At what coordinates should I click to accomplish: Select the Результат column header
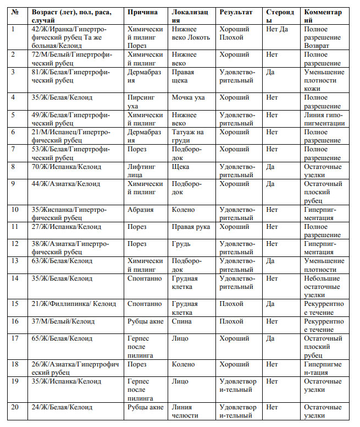(x=236, y=12)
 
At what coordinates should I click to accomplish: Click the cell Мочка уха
(x=188, y=97)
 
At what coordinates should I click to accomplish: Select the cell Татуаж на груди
(x=187, y=136)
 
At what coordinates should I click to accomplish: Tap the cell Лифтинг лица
(x=141, y=171)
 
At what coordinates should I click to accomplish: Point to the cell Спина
(x=182, y=321)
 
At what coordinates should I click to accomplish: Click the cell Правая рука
(x=190, y=227)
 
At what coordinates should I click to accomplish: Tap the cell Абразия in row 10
(x=140, y=210)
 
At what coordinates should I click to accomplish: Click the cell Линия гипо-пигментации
(x=324, y=119)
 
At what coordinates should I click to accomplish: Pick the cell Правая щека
(x=184, y=76)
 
